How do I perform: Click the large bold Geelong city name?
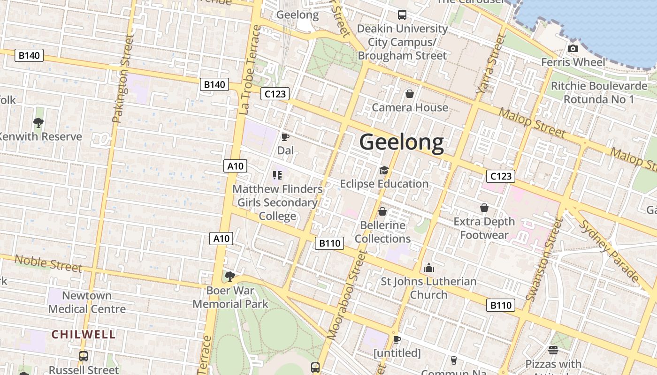click(401, 142)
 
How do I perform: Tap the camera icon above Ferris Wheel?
click(573, 48)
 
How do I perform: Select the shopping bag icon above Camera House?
click(410, 94)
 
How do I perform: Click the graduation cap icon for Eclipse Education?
click(384, 170)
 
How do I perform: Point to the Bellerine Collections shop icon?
click(382, 211)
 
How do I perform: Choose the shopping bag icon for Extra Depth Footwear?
click(484, 208)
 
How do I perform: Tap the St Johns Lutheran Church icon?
click(428, 268)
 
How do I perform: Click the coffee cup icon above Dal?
click(285, 137)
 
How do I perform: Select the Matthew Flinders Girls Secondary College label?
click(278, 202)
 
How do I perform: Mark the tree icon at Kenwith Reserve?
click(38, 123)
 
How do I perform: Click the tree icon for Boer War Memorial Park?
click(229, 277)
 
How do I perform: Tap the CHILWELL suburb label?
click(84, 334)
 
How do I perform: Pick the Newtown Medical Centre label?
click(87, 302)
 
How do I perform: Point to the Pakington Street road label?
click(121, 79)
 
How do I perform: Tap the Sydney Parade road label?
click(610, 250)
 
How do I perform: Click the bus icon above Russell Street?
click(84, 356)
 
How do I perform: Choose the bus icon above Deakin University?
click(402, 15)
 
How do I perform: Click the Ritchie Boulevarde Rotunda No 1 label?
click(599, 93)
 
